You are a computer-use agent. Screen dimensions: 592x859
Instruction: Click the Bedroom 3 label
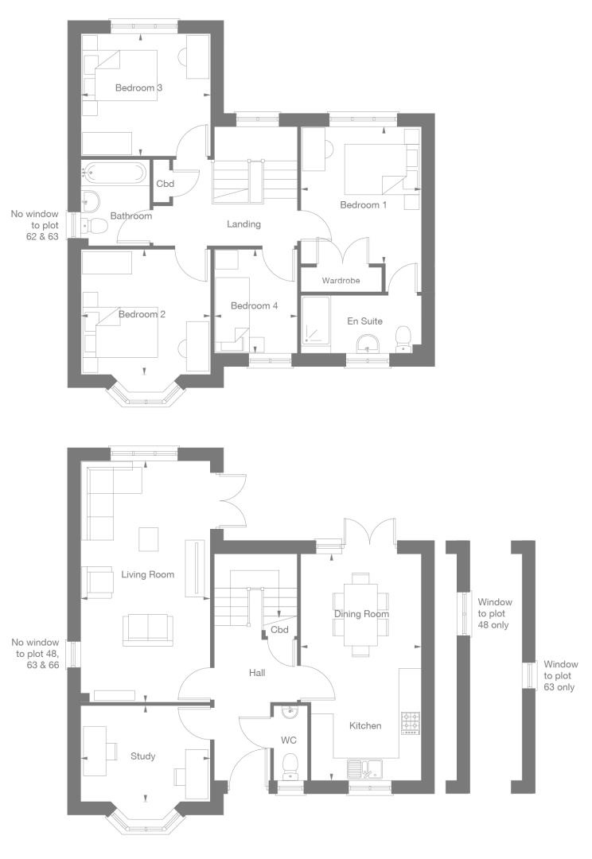(x=138, y=87)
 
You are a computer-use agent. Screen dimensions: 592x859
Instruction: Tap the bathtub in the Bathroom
(x=115, y=173)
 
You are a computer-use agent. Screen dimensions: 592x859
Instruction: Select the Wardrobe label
(x=341, y=281)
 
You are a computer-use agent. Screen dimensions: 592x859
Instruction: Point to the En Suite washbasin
(x=368, y=343)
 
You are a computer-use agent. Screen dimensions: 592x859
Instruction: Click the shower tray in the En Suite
(x=316, y=321)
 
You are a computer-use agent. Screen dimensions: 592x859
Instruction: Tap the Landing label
(x=244, y=223)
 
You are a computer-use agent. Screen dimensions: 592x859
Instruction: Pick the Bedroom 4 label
(x=255, y=305)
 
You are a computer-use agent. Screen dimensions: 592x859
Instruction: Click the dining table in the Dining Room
(x=361, y=614)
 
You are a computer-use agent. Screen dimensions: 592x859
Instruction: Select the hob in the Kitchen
(x=411, y=722)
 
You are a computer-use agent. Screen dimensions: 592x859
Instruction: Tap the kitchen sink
(x=366, y=768)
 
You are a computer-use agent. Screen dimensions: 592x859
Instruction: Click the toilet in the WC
(x=289, y=765)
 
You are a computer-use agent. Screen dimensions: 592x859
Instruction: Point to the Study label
(x=143, y=756)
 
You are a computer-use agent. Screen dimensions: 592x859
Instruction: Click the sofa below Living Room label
(x=148, y=628)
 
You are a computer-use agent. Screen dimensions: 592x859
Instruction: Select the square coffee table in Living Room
(x=149, y=539)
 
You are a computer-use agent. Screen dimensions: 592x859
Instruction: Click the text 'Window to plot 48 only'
(x=494, y=613)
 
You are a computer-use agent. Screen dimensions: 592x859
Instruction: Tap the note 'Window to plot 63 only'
(x=559, y=675)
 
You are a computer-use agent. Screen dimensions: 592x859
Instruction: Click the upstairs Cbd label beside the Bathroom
(x=165, y=184)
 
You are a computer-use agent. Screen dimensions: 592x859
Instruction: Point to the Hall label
(x=257, y=673)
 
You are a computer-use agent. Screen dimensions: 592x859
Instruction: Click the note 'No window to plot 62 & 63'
(x=35, y=225)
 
